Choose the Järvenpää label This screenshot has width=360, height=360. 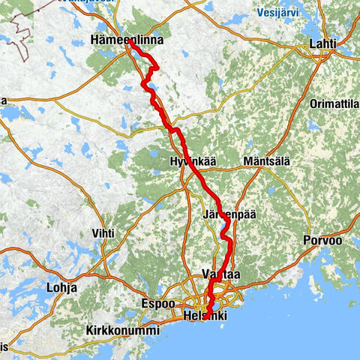click(229, 214)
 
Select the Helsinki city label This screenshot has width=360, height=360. click(205, 316)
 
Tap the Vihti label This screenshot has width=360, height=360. click(103, 233)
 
